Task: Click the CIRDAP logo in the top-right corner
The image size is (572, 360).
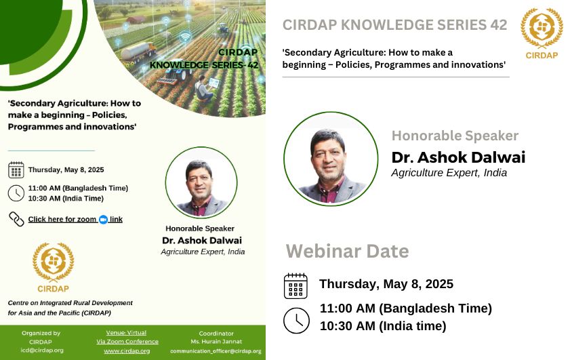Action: click(542, 33)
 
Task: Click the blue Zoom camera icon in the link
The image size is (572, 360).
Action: click(103, 220)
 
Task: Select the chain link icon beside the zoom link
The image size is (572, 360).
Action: click(16, 219)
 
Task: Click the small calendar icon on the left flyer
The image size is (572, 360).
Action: click(16, 170)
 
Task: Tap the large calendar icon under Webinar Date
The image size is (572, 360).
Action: click(295, 286)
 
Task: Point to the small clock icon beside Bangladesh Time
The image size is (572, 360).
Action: click(16, 193)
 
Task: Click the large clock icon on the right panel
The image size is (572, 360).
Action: click(296, 321)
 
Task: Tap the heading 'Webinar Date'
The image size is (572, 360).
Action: click(347, 252)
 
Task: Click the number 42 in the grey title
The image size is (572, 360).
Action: click(499, 25)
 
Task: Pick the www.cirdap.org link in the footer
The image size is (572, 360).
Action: click(127, 351)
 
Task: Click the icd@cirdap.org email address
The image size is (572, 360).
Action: click(42, 350)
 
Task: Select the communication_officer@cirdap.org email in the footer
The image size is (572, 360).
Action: click(216, 351)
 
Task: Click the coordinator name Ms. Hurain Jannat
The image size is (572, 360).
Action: click(216, 342)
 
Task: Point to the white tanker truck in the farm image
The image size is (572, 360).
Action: click(138, 51)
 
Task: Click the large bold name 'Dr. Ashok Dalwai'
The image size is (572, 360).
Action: click(458, 157)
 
